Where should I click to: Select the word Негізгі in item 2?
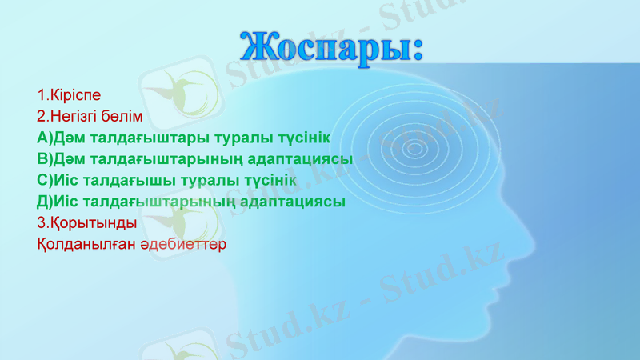tap(79, 116)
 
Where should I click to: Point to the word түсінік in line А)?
tap(301, 138)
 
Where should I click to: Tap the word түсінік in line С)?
tap(267, 180)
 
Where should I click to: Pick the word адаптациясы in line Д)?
tap(298, 201)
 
